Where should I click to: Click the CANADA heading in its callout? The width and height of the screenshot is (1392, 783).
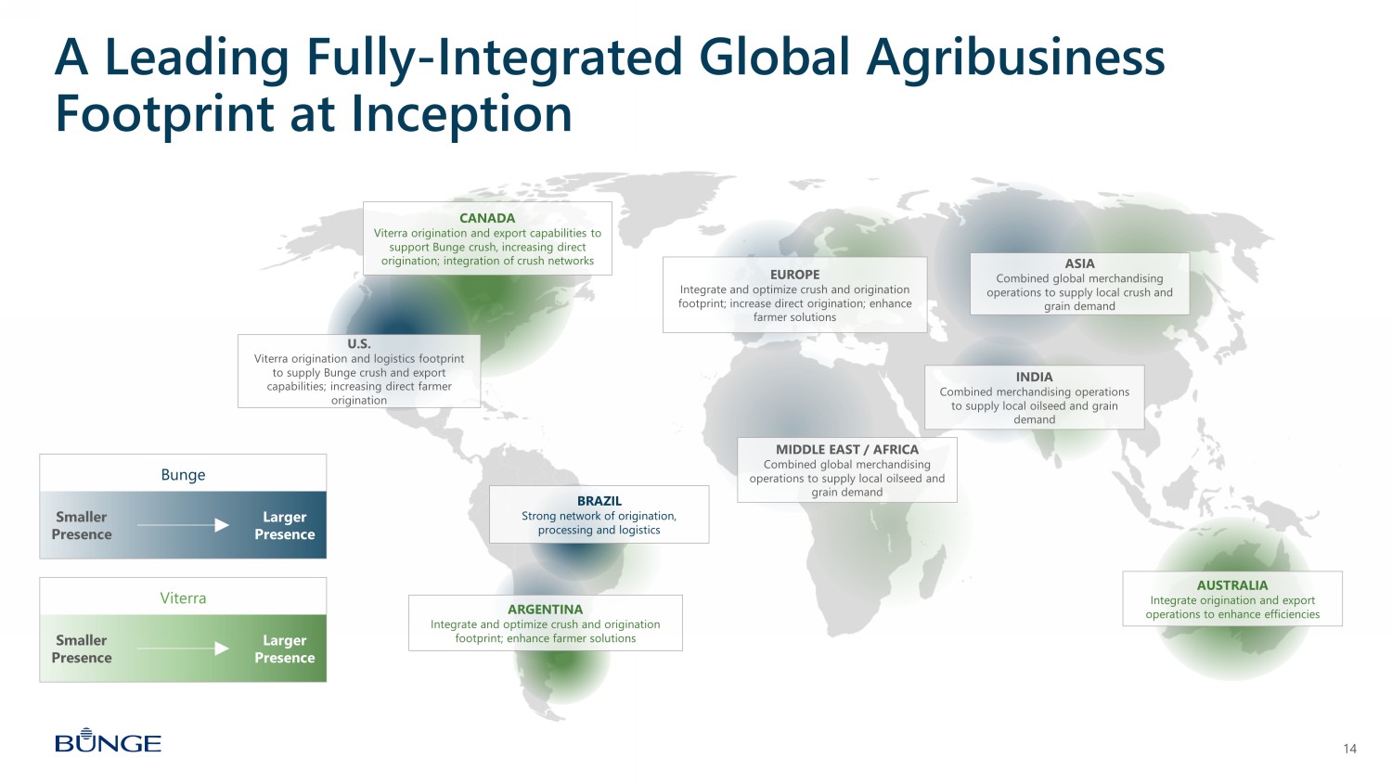pos(487,218)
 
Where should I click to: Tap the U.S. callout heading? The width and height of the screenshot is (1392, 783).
pos(358,343)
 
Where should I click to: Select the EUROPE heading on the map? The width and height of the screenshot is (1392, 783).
pos(794,275)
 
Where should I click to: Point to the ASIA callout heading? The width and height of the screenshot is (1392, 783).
pos(1079,263)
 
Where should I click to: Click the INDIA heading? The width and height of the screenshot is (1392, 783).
pos(1034,377)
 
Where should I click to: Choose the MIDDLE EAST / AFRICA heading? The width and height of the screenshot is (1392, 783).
pos(847,449)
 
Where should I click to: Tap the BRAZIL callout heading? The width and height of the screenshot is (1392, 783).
pos(599,501)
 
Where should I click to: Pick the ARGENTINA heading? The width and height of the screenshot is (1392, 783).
pos(545,610)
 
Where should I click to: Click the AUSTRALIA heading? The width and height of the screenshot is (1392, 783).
pos(1232,585)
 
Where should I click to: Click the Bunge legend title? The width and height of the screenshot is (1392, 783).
pos(183,475)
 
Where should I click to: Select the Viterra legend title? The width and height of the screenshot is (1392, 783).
pos(183,597)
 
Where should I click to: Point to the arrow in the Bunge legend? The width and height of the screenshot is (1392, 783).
pos(183,525)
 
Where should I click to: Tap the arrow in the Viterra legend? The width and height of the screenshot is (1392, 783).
pos(183,648)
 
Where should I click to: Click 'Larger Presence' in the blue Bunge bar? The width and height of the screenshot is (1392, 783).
pos(285,525)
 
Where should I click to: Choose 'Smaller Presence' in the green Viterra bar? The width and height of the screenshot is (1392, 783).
pos(82,648)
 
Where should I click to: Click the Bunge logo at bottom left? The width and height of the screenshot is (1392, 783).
pos(109,740)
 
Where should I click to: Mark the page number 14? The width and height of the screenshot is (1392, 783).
pos(1349,749)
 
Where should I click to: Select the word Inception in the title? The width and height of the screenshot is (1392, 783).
pos(461,114)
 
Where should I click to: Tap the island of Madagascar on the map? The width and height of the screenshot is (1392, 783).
pos(933,571)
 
